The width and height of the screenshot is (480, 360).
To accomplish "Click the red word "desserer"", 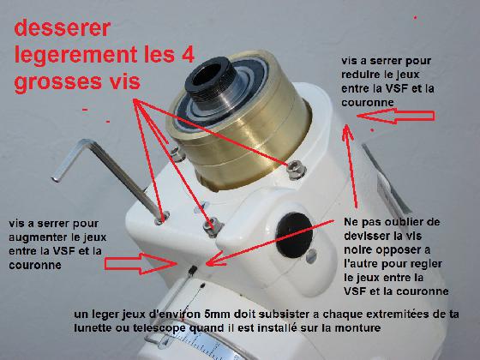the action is click(x=62, y=28).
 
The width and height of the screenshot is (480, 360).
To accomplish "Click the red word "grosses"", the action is click(x=57, y=82).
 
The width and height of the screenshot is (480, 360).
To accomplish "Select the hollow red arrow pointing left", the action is click(x=395, y=116).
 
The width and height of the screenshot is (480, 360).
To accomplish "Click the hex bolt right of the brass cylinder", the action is click(x=296, y=170).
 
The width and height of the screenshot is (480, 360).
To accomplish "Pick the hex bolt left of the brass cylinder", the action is click(x=178, y=154).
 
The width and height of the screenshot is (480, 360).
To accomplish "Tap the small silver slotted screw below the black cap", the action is click(x=311, y=256).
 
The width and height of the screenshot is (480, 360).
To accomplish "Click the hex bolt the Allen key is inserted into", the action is click(x=162, y=218).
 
